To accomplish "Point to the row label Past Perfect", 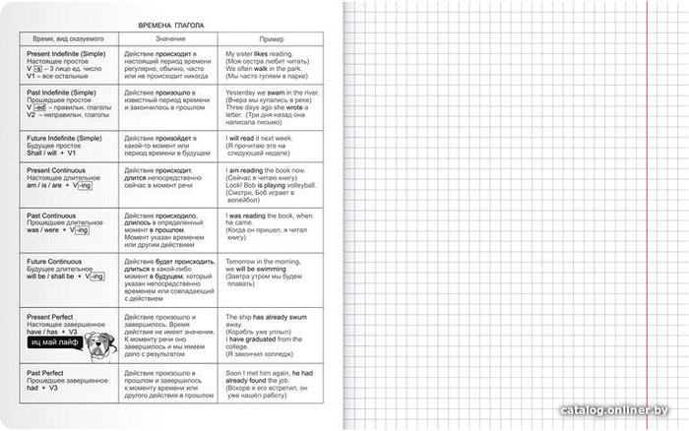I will (45, 375).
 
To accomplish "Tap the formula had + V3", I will (41, 391).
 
